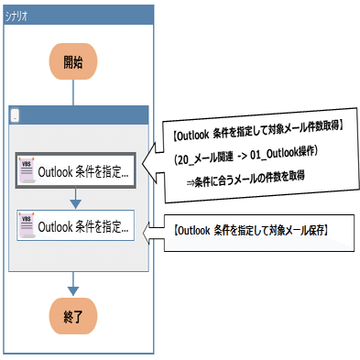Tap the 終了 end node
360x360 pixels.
(x=72, y=318)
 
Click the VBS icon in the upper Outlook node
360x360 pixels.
(x=27, y=170)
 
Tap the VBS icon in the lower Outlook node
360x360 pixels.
(x=27, y=225)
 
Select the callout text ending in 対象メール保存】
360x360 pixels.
(x=251, y=227)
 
